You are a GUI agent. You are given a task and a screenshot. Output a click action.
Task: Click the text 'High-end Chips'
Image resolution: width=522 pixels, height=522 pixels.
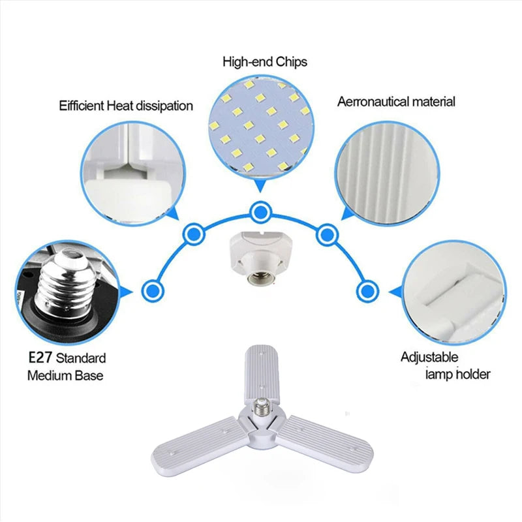pos(265,62)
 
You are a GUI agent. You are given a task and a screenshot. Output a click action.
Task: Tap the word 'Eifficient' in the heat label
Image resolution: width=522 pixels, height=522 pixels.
pos(82,106)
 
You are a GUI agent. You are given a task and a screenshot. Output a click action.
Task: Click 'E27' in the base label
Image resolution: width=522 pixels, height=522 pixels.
pos(40,358)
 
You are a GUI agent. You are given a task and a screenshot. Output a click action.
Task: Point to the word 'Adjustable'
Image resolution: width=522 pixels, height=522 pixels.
pos(429,357)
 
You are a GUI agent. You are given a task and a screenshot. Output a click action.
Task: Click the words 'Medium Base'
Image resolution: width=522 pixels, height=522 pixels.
pos(65,376)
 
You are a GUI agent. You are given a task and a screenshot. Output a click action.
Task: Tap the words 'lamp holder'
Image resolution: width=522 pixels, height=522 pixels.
pos(458,374)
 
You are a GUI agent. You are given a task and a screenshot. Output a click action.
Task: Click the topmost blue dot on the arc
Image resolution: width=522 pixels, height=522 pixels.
pos(260,211)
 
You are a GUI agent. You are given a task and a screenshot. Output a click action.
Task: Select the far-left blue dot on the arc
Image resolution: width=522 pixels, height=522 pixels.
pos(153,290)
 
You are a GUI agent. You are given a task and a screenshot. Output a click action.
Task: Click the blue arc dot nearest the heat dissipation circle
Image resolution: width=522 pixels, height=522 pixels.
pos(194,234)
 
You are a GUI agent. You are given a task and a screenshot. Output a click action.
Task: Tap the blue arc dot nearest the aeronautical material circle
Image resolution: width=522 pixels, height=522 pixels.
pos(327,234)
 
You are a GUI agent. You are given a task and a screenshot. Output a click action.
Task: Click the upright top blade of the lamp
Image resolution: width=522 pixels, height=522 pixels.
pos(262,373)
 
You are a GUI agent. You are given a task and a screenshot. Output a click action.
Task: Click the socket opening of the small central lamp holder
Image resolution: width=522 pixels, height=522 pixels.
pos(260,275)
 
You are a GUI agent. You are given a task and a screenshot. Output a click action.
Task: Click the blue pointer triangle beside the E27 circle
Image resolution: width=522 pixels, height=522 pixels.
pos(127,292)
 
